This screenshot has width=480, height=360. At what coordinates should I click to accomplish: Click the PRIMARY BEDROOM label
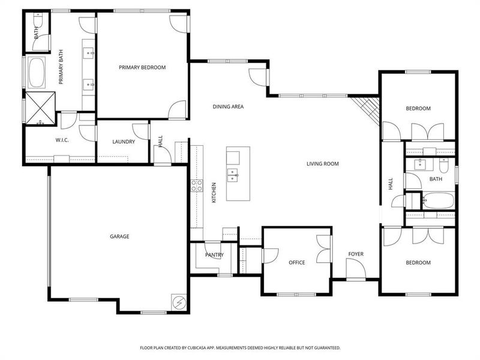142,67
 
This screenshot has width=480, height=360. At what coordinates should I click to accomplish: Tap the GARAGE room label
119,236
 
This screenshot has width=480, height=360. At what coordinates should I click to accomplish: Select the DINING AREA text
228,107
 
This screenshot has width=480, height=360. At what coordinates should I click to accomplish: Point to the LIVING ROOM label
323,164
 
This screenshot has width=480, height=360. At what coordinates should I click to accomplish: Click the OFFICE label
296,263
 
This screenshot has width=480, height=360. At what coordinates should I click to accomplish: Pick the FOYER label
356,254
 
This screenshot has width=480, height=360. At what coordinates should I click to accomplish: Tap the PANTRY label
214,255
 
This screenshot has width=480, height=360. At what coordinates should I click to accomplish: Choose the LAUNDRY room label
124,142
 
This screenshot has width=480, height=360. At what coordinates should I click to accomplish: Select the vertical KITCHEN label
214,191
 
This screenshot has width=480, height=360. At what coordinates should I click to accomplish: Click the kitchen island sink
232,175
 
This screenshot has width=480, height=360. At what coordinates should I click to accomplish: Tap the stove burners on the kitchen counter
196,185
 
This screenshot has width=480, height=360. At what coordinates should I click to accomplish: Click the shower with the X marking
41,107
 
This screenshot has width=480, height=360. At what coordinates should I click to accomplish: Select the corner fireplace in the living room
366,110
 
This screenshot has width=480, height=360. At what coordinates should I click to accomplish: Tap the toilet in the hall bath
445,165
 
